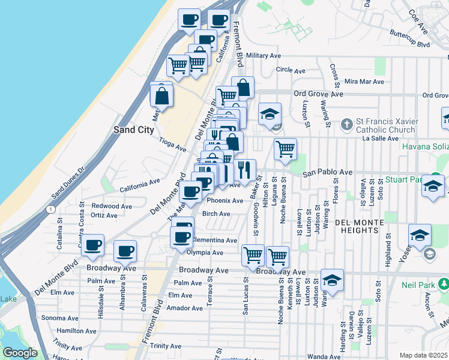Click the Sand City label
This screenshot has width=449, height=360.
134,129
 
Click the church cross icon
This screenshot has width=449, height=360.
346,125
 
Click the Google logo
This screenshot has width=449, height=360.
20,353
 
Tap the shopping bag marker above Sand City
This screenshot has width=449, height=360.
162,95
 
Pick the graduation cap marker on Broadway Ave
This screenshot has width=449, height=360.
332,280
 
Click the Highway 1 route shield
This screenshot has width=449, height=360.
52,209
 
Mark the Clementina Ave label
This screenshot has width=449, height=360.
214,240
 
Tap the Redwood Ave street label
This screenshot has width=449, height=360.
112,206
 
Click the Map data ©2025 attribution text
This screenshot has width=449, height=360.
424,355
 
